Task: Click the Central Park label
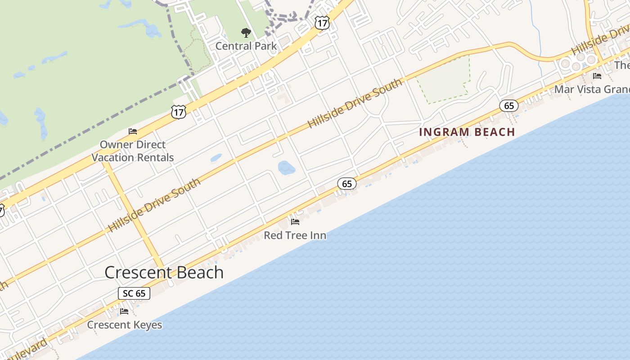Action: [x=246, y=46]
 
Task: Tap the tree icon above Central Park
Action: [x=246, y=33]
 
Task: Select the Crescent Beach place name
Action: [x=164, y=272]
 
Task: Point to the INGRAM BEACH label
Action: [x=467, y=132]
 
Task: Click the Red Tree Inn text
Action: [x=295, y=235]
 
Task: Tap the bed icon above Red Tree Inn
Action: [x=295, y=221]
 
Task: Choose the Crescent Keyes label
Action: [x=124, y=324]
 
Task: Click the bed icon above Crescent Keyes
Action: [x=124, y=311]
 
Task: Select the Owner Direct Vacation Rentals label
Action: [x=133, y=151]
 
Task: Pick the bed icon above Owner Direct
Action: [x=133, y=131]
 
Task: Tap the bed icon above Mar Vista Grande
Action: [x=597, y=76]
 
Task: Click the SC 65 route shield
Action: [x=134, y=293]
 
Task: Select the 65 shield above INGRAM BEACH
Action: [x=509, y=106]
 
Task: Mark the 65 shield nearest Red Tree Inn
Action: [x=347, y=183]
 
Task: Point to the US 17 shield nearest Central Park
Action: [x=322, y=23]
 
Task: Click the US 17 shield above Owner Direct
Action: [x=179, y=112]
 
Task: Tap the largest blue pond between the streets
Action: [x=287, y=167]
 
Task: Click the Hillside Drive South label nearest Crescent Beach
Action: [x=154, y=206]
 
